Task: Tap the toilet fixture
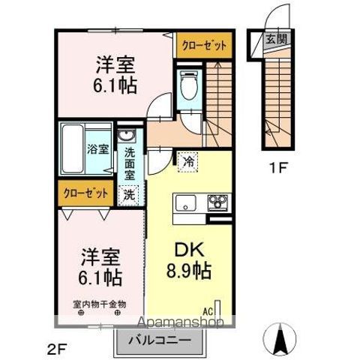[187, 85]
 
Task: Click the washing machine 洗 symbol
[130, 193]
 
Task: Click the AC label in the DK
[208, 308]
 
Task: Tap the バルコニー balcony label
[157, 338]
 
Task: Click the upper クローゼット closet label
[203, 46]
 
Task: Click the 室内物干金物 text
[99, 304]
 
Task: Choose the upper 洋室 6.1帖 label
[115, 76]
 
